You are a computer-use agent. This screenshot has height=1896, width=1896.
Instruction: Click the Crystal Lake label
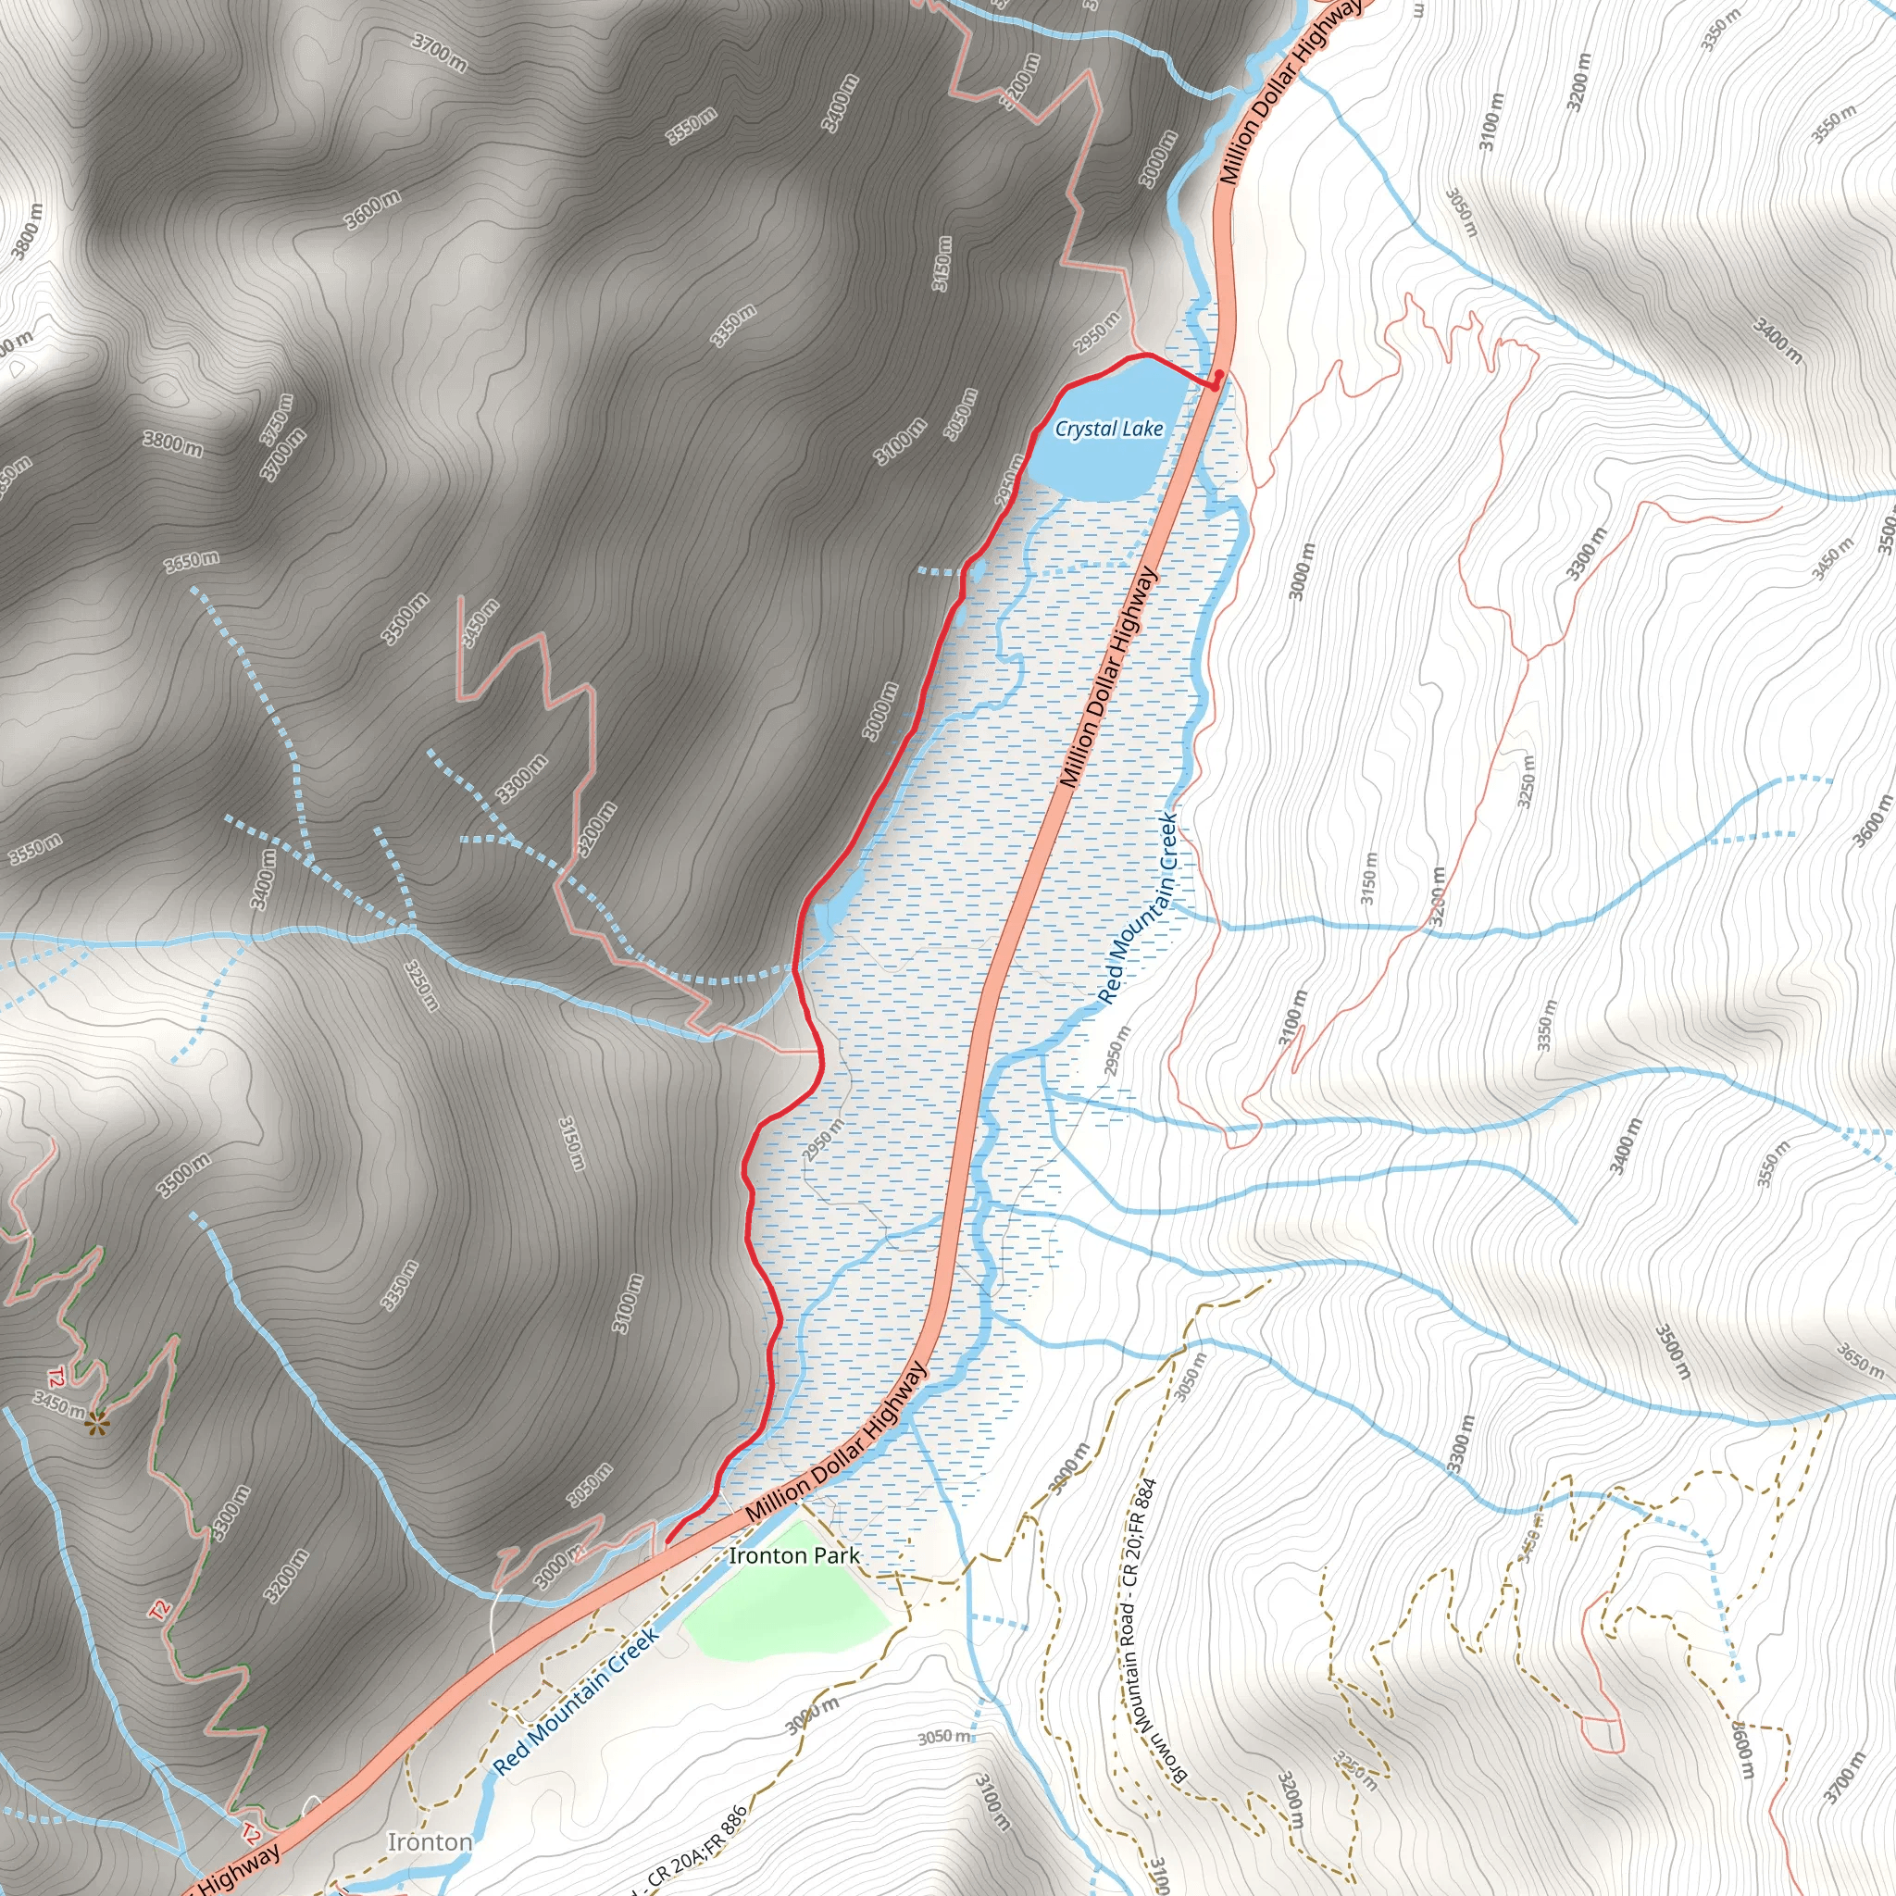pos(1109,429)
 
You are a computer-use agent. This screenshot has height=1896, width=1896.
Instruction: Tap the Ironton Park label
pos(794,1555)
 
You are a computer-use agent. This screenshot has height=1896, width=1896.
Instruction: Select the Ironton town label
pos(430,1842)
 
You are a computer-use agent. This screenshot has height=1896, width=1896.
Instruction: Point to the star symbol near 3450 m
pos(96,1424)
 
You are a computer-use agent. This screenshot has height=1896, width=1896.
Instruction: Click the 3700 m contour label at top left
pos(439,52)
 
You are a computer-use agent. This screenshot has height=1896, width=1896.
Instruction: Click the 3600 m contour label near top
pos(372,210)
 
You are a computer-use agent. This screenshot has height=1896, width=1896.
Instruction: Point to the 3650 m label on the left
pos(192,561)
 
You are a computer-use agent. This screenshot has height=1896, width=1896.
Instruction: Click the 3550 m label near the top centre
pos(692,127)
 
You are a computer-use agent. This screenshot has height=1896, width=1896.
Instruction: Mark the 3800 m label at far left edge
pos(28,232)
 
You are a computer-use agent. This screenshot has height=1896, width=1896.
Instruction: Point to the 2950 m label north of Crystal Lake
pos(1096,332)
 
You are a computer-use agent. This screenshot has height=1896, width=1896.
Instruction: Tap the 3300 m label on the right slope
pos(1586,554)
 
